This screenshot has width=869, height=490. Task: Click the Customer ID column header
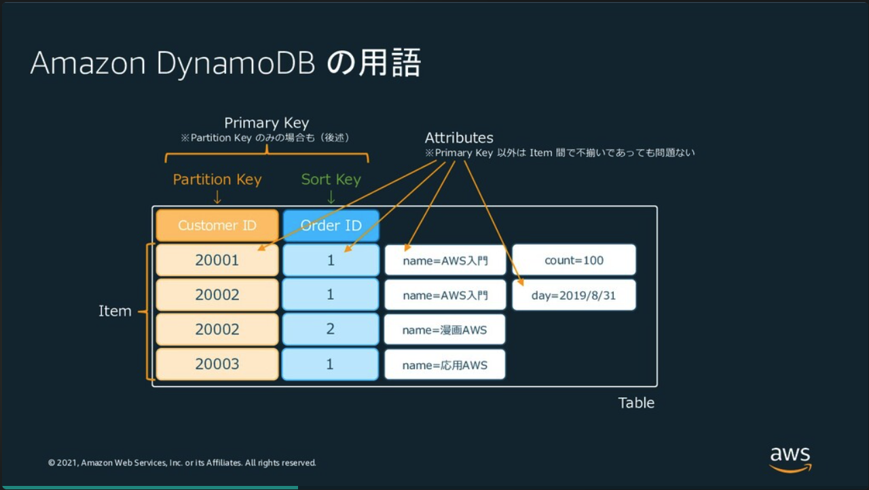(x=217, y=225)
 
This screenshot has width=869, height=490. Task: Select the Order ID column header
(x=331, y=225)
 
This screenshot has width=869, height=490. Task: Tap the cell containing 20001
(x=217, y=260)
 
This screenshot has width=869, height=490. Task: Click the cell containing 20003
(x=217, y=364)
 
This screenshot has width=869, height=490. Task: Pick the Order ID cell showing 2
(x=331, y=329)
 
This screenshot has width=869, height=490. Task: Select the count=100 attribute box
(x=574, y=260)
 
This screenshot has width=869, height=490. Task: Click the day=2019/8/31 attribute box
(x=574, y=296)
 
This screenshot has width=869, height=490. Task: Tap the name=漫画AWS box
(x=445, y=330)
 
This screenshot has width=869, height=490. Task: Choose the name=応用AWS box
(x=445, y=365)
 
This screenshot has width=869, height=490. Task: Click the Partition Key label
(x=217, y=179)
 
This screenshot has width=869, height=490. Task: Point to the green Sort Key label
(x=331, y=179)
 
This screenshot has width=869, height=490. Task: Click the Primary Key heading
(x=266, y=123)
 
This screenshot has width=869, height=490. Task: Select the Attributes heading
(x=459, y=138)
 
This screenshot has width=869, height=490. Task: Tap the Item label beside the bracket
(x=115, y=311)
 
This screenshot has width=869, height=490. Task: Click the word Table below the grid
(x=636, y=402)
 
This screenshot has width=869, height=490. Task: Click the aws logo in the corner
(x=790, y=459)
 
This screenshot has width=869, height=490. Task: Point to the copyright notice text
(x=182, y=463)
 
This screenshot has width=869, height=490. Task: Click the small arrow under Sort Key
(x=331, y=197)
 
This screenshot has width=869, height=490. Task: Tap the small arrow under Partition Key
(x=217, y=197)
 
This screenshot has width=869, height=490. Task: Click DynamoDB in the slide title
(x=236, y=64)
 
